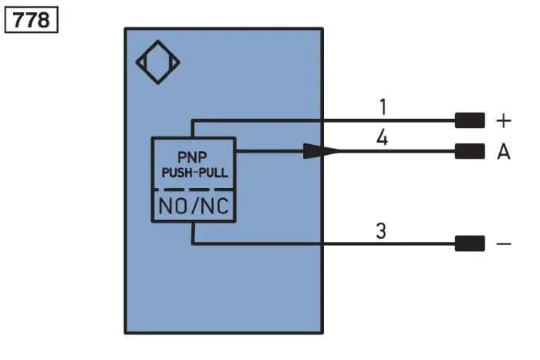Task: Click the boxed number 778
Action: (x=32, y=20)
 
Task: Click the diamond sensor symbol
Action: (x=158, y=62)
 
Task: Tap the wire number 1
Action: (x=383, y=106)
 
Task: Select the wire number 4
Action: (x=383, y=138)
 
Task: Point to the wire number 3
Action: (x=381, y=230)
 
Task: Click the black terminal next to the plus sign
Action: (x=470, y=120)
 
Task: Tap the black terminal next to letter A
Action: (x=470, y=151)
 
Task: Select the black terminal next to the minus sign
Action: (x=470, y=244)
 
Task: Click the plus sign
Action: (x=504, y=121)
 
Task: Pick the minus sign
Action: (x=504, y=244)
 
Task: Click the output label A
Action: (x=504, y=151)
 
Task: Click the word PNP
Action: (x=192, y=157)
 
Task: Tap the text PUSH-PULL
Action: (x=195, y=173)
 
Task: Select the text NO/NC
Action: (x=194, y=206)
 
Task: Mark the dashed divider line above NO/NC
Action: (x=194, y=190)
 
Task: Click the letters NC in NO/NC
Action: (x=214, y=206)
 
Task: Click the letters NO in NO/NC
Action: (x=173, y=206)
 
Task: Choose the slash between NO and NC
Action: (x=195, y=206)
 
